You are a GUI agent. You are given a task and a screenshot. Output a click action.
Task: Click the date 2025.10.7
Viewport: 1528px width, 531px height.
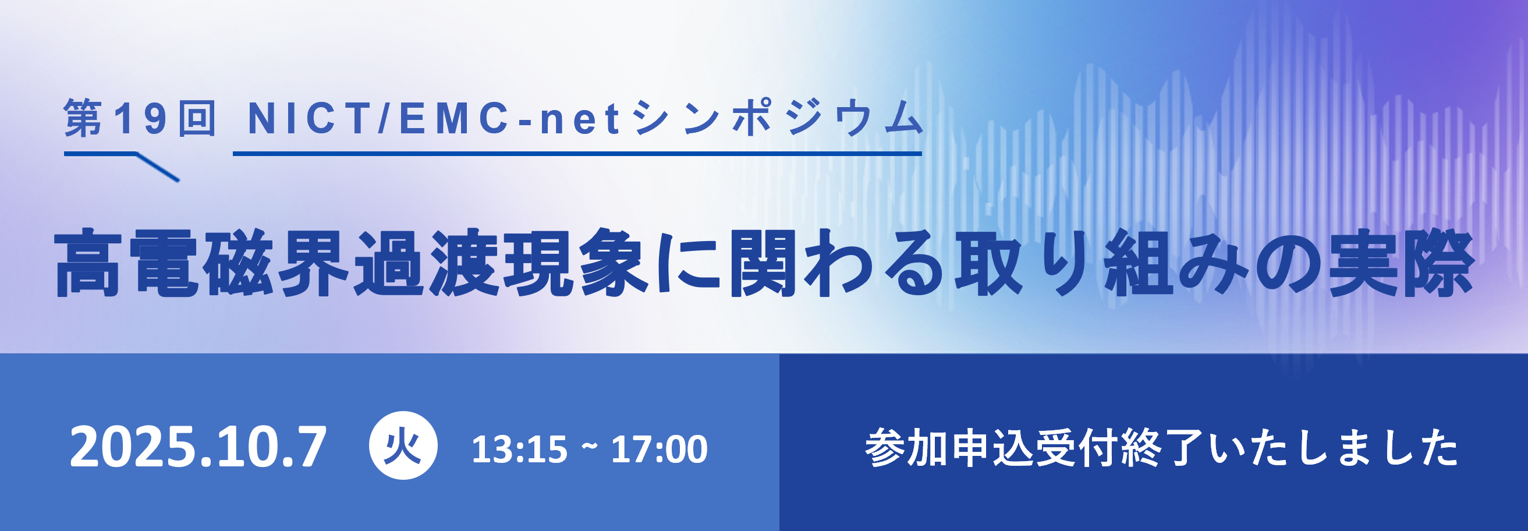(198, 447)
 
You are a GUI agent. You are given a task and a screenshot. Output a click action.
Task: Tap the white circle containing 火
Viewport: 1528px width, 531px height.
(403, 445)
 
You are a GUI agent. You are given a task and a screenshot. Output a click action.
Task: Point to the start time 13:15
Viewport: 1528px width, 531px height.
(520, 449)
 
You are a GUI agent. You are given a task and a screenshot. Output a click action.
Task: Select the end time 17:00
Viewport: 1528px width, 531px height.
(659, 449)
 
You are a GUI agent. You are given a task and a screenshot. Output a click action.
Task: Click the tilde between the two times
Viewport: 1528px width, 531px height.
(590, 446)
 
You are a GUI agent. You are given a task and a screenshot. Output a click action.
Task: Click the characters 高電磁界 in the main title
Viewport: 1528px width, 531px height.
(201, 262)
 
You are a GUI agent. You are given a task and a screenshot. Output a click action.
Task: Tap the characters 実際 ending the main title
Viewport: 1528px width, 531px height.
(1401, 262)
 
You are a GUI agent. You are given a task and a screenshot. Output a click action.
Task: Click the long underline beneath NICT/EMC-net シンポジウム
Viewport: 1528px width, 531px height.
(577, 154)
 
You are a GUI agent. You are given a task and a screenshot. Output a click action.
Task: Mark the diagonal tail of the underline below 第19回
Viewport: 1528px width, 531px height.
(158, 167)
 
